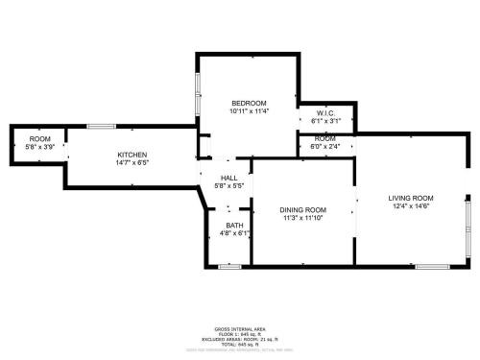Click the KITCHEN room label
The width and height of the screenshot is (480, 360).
[132, 155]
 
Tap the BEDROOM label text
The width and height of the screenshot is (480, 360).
[249, 103]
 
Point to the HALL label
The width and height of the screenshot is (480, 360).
[229, 178]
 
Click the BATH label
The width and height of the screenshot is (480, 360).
[235, 226]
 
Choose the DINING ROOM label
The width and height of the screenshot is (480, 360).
[303, 210]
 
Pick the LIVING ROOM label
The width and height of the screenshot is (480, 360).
[411, 198]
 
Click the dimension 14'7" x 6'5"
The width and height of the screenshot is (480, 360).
[132, 162]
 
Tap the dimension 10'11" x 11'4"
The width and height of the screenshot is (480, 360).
[249, 110]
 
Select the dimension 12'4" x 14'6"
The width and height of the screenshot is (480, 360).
[411, 205]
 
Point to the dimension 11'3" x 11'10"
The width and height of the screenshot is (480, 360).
[303, 218]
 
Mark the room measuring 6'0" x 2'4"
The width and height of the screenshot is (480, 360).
[325, 142]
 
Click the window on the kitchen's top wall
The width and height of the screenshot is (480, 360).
[101, 126]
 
